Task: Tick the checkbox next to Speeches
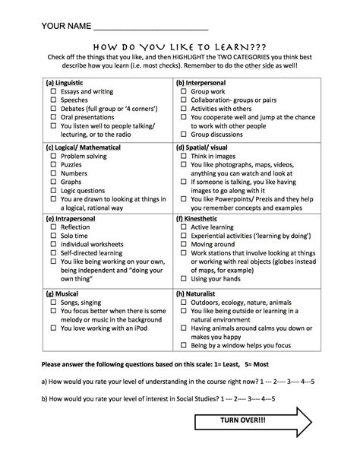54,100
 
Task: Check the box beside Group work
185,90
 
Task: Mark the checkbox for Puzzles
54,163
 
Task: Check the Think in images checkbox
185,155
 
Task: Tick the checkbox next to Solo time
54,236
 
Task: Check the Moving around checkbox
185,246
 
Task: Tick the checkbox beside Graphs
54,182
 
